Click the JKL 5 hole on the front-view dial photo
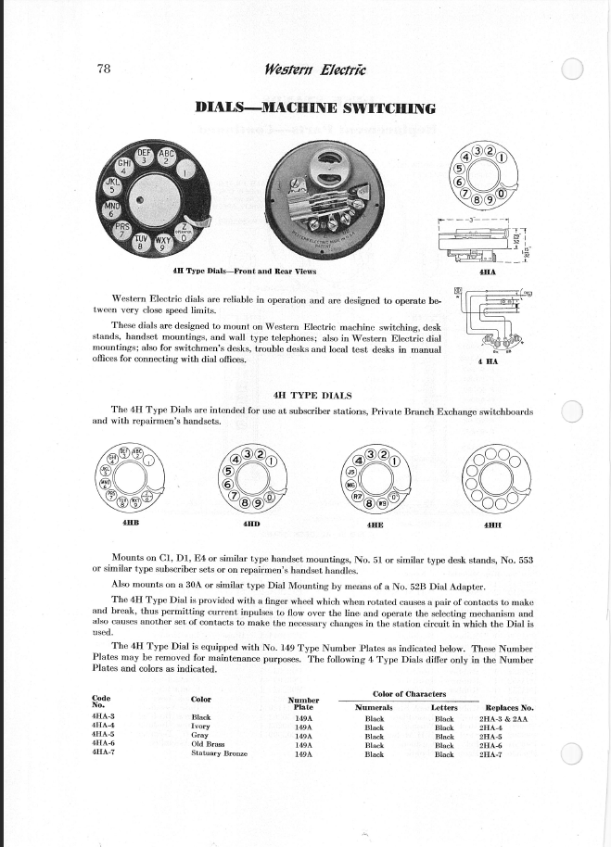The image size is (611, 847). click(110, 175)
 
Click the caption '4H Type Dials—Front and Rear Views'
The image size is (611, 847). click(245, 272)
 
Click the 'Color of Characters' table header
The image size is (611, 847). click(408, 694)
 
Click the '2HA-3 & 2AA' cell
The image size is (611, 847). click(503, 717)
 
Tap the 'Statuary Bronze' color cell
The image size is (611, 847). click(219, 754)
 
